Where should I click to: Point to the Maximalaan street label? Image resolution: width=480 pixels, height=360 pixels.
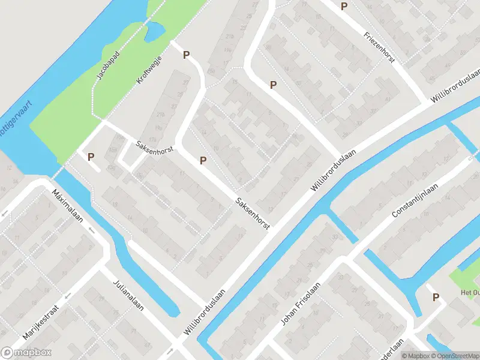[x=67, y=207]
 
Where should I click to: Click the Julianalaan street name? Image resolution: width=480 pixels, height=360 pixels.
[x=129, y=298]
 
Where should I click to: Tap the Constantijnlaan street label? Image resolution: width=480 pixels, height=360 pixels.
[x=415, y=200]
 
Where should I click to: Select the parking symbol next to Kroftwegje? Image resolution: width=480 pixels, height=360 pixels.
[x=186, y=55]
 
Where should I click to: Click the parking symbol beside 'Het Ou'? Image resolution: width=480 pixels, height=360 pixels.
[x=436, y=296]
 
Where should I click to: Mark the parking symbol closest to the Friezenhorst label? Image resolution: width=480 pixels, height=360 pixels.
[x=344, y=7]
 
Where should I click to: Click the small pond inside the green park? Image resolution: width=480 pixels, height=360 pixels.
[x=154, y=31]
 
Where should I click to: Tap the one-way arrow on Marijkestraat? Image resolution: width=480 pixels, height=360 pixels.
[x=68, y=296]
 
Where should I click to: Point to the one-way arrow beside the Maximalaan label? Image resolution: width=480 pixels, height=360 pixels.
[x=91, y=230]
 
